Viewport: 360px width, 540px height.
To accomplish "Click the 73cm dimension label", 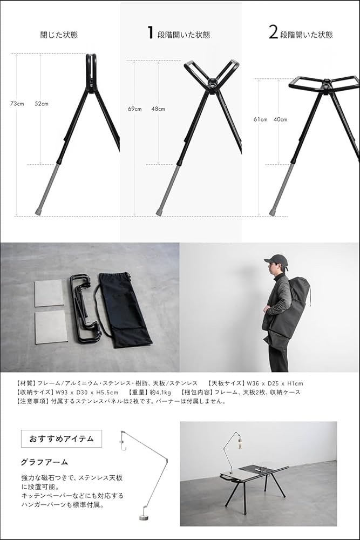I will coord(17,103).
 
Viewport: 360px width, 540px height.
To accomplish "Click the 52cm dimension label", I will coord(41,103).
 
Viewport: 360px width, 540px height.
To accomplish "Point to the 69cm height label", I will coord(134,109).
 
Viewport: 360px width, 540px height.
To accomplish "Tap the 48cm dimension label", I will coord(158,109).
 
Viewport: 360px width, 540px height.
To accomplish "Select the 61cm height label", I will coord(260,119).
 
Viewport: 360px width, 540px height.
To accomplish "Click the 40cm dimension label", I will coord(281,119).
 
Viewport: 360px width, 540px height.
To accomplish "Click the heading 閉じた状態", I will coord(59,35).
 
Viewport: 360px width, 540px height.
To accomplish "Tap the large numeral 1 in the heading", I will coord(151,33).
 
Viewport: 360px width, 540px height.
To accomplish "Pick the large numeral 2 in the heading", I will coord(273,33).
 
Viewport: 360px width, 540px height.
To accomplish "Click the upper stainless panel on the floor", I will coord(49,293).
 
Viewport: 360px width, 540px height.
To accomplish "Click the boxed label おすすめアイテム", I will coord(61,439).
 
